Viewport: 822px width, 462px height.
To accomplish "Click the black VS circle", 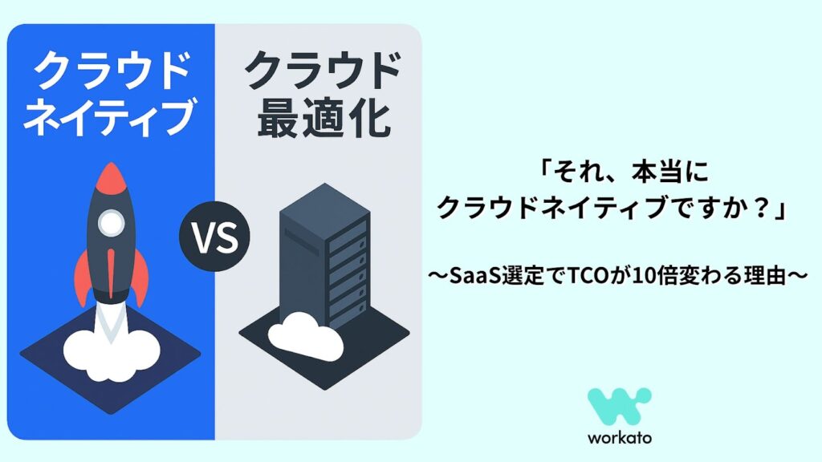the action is [x=214, y=237].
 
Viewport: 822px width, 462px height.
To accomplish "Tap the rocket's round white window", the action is [x=111, y=223].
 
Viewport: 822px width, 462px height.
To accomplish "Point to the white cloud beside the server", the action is [x=306, y=335].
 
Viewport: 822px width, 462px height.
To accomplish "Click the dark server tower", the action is [x=325, y=257].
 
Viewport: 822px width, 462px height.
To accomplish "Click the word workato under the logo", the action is [x=620, y=437].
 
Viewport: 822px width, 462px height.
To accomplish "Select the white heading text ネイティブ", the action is [x=109, y=116].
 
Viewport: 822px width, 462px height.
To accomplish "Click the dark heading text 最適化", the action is [x=324, y=119].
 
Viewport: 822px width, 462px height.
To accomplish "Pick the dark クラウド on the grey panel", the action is [x=324, y=71].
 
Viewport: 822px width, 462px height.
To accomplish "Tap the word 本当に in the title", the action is [x=669, y=172].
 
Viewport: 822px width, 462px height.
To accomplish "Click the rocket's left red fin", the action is [x=82, y=275].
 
